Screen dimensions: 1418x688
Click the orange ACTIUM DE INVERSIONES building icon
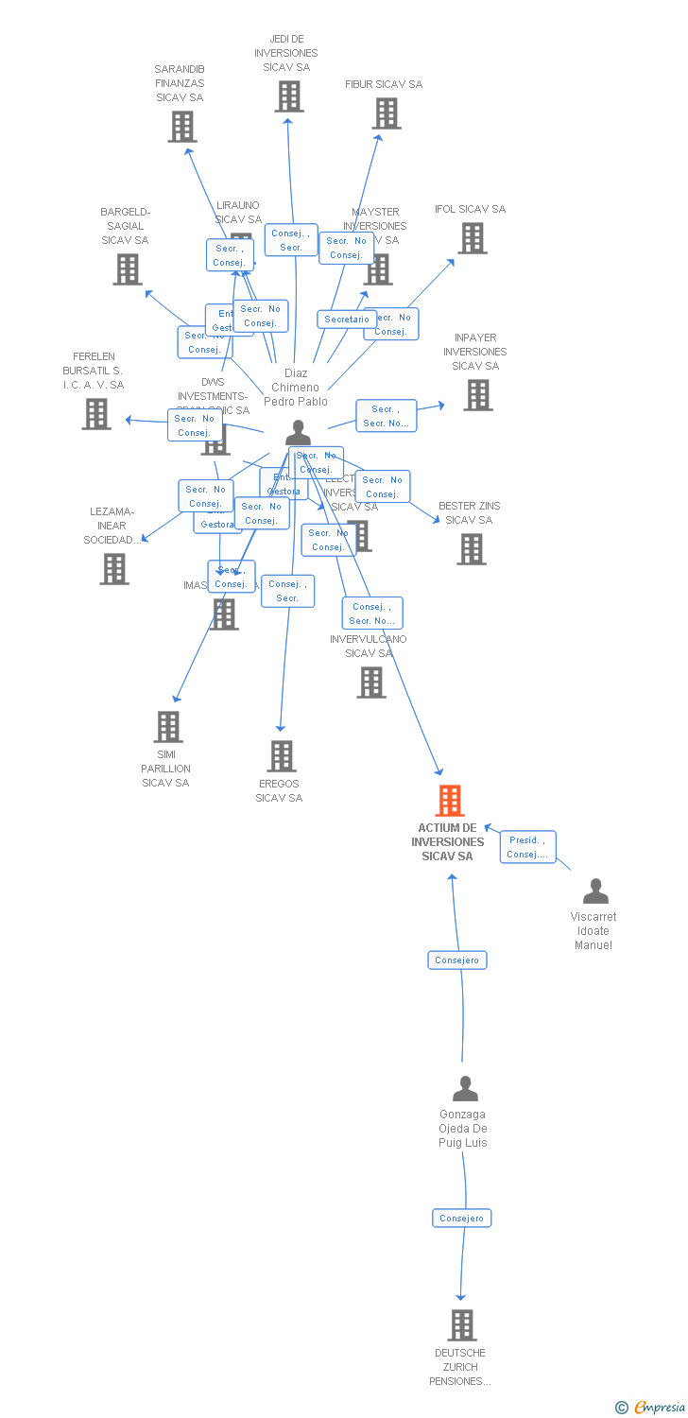coord(450,801)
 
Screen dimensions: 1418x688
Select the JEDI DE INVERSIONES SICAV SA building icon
coord(289,96)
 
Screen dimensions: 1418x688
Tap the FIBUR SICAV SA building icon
coord(386,113)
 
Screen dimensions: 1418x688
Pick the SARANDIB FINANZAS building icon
coord(182,127)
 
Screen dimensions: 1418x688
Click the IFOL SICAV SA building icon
coord(473,238)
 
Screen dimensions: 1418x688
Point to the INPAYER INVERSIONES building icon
coord(478,395)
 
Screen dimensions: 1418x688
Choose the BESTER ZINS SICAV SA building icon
coord(471,549)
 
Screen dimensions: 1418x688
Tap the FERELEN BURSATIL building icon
coord(95,414)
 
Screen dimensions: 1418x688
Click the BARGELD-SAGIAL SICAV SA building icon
coord(128,269)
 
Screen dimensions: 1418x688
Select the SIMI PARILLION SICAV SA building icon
coord(168,727)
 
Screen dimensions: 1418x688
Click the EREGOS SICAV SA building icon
coord(282,756)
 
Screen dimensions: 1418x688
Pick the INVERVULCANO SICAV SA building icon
coord(371,683)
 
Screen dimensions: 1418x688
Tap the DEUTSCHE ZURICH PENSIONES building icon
coord(462,1325)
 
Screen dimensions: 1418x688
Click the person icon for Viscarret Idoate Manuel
coord(595,891)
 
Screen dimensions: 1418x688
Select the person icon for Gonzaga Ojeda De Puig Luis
coord(465,1089)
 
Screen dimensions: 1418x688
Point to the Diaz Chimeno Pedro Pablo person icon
coord(298,433)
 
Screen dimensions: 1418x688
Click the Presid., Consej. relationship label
coord(527,847)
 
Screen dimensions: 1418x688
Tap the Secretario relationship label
coord(347,320)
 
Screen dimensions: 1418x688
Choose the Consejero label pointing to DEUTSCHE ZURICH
coord(462,1219)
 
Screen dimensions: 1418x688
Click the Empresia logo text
coord(659,1408)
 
